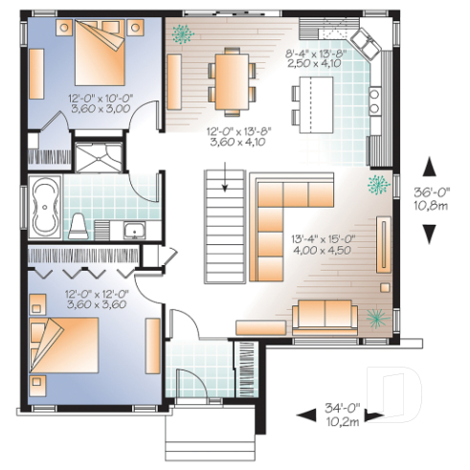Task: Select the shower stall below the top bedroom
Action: (x=99, y=156)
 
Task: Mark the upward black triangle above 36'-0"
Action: (x=430, y=166)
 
